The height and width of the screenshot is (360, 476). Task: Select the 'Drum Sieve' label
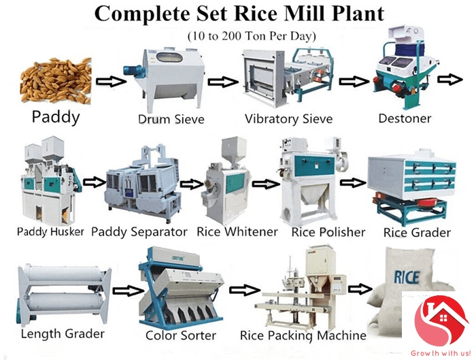coord(171,120)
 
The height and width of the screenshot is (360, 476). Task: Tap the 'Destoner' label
coord(405,118)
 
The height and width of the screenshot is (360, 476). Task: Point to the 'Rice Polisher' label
coord(328,232)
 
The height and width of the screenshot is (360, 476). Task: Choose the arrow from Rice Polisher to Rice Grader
coord(350,182)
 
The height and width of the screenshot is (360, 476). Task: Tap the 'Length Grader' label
coord(63,333)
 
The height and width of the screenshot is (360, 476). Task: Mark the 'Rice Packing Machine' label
coord(303,336)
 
